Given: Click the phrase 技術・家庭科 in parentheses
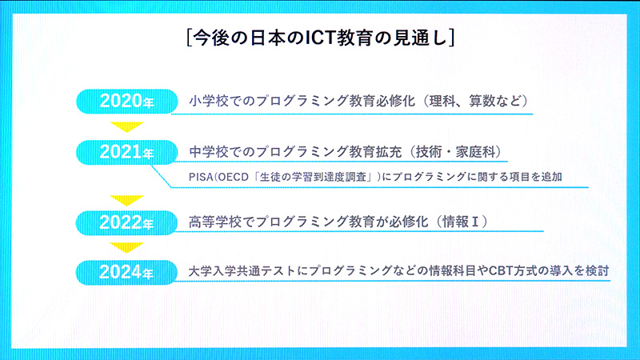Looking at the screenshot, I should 459,151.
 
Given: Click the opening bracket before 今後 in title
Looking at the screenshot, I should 186,38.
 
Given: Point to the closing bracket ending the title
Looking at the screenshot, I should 454,38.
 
